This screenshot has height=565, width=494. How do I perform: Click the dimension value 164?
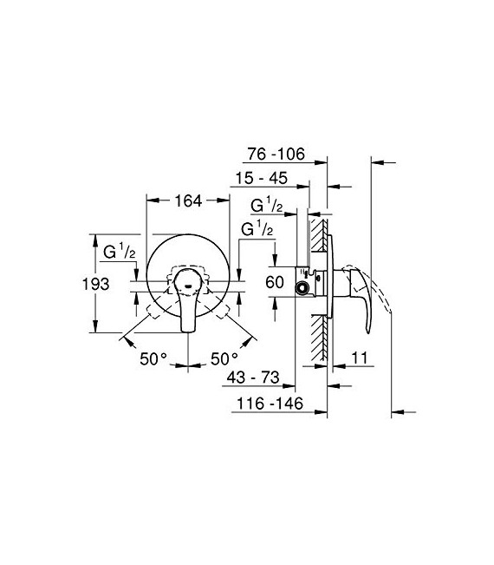[x=187, y=200]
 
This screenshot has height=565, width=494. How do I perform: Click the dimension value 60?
[x=275, y=282]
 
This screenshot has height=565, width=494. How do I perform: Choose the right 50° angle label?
[x=224, y=358]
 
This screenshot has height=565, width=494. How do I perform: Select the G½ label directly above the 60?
[x=256, y=230]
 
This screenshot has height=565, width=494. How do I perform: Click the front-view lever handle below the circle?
[x=187, y=312]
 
